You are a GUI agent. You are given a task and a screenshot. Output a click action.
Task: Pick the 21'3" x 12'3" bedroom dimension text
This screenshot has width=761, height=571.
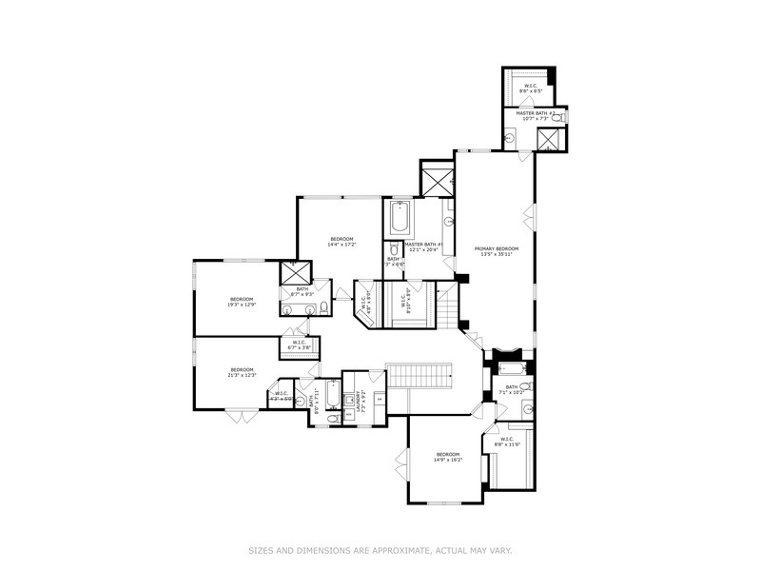pos(242,375)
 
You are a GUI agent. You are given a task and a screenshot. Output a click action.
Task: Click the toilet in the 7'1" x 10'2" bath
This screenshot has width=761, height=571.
pos(526,409)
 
